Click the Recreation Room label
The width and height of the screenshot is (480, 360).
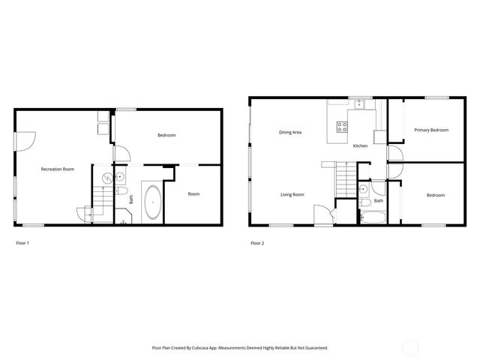tap(57, 169)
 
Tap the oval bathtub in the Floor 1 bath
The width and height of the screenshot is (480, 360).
tap(152, 202)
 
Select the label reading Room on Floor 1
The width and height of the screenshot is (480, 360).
tap(193, 194)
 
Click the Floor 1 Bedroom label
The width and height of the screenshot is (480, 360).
tap(166, 135)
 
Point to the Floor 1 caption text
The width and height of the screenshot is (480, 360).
tap(22, 243)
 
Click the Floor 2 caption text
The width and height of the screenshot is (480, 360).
tap(257, 243)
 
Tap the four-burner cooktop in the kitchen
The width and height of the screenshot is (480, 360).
tap(341, 127)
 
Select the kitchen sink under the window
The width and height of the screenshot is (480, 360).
tap(359, 106)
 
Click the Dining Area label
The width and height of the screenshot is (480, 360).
tap(290, 133)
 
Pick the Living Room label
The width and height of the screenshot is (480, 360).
tap(292, 195)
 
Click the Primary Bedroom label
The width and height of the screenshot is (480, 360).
tap(431, 130)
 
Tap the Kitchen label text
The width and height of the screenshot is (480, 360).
tap(360, 145)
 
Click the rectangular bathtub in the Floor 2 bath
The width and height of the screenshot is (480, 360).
tap(372, 218)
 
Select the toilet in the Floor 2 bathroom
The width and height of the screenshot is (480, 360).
tap(364, 202)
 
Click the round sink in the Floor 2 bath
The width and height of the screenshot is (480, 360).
tap(364, 187)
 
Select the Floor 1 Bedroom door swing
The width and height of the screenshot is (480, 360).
tap(121, 152)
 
